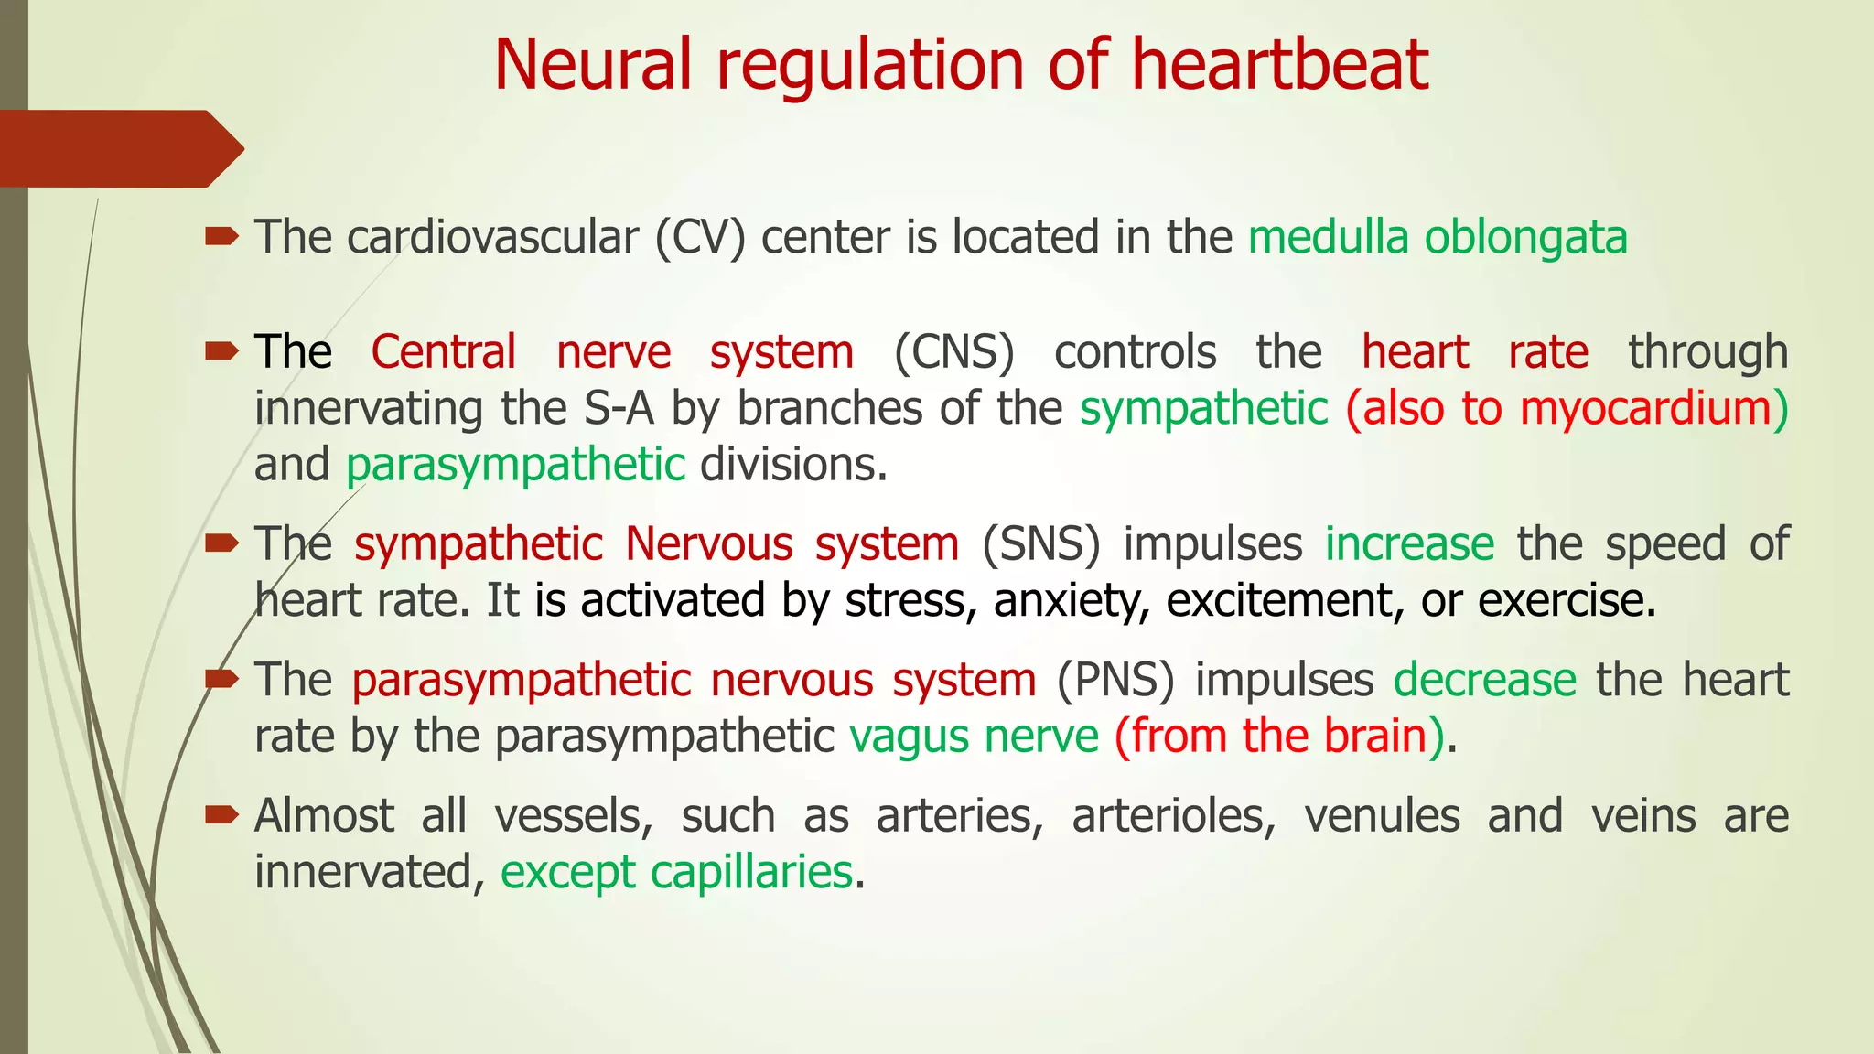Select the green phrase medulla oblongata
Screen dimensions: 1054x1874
pyautogui.click(x=1438, y=238)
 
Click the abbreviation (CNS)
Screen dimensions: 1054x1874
pyautogui.click(x=953, y=353)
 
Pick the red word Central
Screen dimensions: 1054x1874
pyautogui.click(x=444, y=353)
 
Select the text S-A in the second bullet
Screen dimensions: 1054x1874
pyautogui.click(x=619, y=409)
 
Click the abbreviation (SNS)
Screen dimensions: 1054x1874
pyautogui.click(x=1040, y=545)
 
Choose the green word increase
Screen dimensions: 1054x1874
pyautogui.click(x=1409, y=545)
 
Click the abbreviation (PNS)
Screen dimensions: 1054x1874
pyautogui.click(x=1115, y=681)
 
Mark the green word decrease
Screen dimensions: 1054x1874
pyautogui.click(x=1484, y=681)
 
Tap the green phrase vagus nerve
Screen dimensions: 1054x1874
pyautogui.click(x=974, y=737)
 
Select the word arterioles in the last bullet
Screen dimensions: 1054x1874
pyautogui.click(x=1173, y=816)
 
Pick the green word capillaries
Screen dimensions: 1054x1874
pyautogui.click(x=751, y=873)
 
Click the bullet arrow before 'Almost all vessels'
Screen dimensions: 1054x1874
pyautogui.click(x=221, y=814)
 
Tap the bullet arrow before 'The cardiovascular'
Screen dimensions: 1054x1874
pyautogui.click(x=221, y=238)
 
